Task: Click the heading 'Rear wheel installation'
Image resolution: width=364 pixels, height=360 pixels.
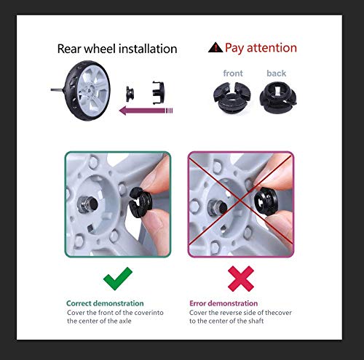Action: tap(117, 49)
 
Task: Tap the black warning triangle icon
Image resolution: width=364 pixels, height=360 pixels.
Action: tap(215, 47)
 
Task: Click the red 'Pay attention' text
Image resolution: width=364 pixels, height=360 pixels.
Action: tap(261, 48)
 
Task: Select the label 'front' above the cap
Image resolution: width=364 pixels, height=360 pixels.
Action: tap(233, 73)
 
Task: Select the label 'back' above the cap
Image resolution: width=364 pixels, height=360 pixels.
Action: tap(276, 73)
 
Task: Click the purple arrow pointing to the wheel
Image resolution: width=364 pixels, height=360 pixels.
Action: tap(146, 111)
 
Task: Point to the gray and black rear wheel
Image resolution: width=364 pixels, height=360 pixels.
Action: tap(82, 90)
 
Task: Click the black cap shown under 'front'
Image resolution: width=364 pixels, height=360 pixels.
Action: tap(232, 97)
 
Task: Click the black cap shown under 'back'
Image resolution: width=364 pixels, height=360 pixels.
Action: tap(278, 97)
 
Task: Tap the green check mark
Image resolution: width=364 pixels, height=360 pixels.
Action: tap(117, 279)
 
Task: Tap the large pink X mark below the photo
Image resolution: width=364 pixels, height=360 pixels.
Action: tap(241, 279)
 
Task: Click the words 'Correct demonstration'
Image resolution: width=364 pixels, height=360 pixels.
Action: tap(105, 303)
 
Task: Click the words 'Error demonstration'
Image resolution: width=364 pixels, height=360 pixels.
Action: tap(223, 303)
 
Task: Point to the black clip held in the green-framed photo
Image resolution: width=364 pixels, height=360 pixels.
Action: tap(141, 202)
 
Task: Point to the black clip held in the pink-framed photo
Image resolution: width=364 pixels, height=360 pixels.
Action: tap(266, 201)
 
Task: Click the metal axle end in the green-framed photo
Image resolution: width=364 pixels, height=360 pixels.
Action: tap(88, 204)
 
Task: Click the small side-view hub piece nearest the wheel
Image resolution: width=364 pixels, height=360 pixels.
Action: tap(130, 94)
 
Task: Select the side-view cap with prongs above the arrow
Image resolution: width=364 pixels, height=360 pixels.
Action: tap(158, 92)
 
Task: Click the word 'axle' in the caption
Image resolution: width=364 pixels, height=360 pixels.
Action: tap(125, 321)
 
